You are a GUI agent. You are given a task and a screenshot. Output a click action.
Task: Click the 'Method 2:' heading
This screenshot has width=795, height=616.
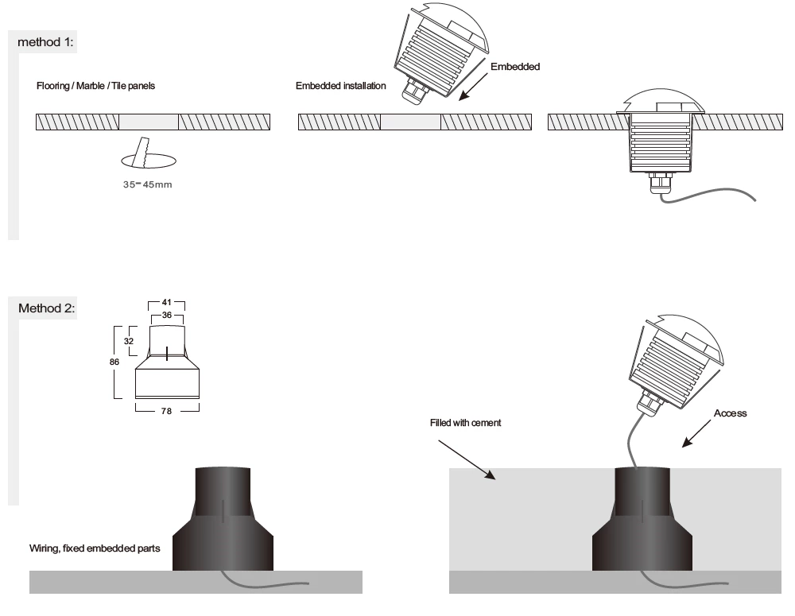[x=51, y=308]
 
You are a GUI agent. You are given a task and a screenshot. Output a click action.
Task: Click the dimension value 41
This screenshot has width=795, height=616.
[x=166, y=304]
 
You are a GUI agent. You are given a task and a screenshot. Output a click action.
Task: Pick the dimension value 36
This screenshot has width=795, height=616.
[x=166, y=316]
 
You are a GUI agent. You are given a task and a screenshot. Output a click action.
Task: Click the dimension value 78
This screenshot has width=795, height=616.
[x=166, y=411]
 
